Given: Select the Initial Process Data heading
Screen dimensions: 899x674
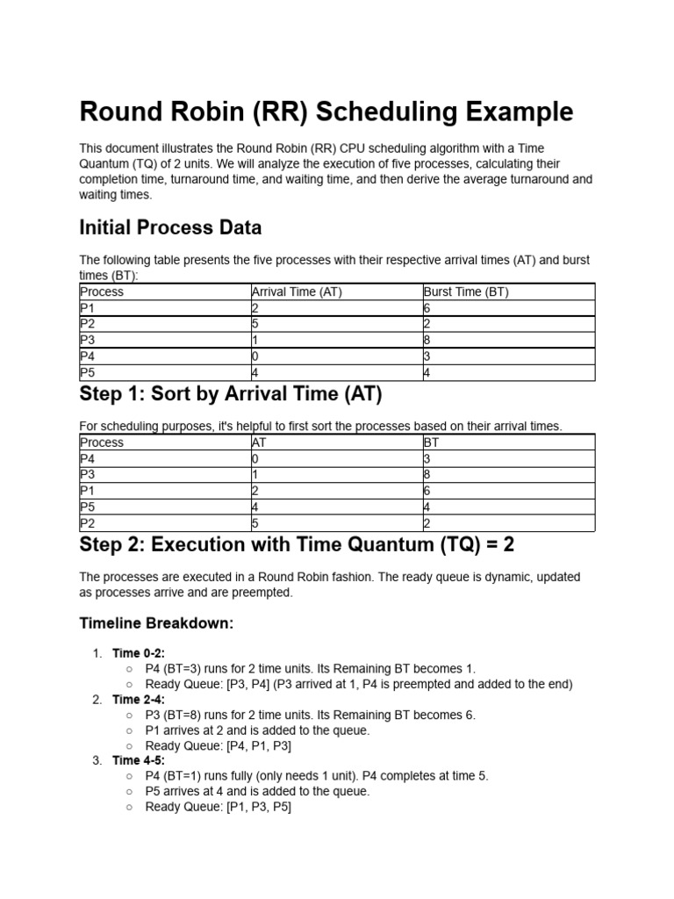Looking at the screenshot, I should tap(170, 228).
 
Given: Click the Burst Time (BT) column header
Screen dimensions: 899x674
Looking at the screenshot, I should tap(466, 291).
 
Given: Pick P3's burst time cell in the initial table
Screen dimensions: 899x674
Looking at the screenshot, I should tap(427, 341).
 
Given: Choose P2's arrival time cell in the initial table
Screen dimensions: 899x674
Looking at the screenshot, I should tap(255, 325).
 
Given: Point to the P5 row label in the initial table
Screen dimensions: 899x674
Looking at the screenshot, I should tap(87, 373).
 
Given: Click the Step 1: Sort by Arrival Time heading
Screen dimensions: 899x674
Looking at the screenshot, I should tap(231, 395).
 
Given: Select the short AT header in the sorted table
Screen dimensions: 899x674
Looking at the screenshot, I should tap(259, 442).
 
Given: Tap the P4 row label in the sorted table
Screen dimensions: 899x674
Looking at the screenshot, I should tap(87, 458).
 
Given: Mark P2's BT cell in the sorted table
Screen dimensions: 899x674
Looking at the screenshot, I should tap(427, 524).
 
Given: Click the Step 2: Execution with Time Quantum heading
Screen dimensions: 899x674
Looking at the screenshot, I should tap(297, 545).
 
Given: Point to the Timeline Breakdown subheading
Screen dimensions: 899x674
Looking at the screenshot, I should tap(157, 623).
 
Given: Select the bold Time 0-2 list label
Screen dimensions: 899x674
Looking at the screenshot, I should tap(139, 653).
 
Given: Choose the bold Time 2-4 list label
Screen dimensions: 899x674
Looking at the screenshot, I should tap(139, 700).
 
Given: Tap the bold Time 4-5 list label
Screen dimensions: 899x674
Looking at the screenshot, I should tap(139, 760).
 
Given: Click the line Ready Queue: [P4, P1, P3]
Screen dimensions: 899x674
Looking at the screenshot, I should tap(219, 745).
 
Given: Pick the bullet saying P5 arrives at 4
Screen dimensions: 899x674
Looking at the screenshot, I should tap(258, 791).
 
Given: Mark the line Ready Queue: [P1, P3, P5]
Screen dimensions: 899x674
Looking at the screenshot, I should tap(219, 806).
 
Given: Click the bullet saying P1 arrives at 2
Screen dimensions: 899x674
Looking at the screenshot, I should tap(258, 730).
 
